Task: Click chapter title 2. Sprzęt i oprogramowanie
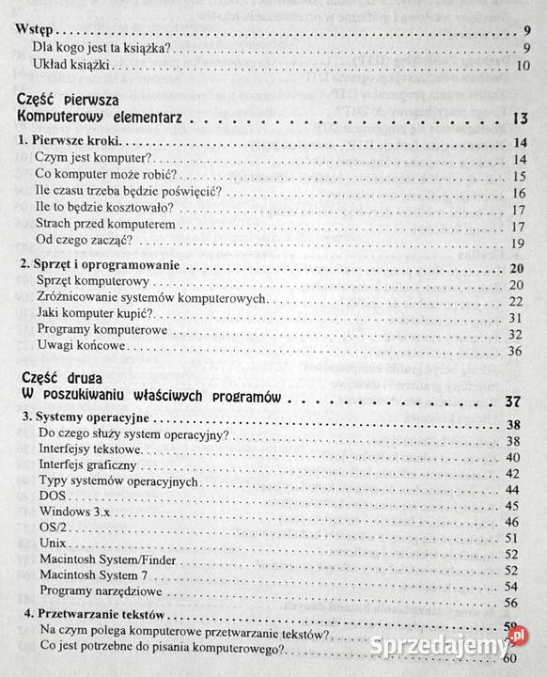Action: coord(102,267)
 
